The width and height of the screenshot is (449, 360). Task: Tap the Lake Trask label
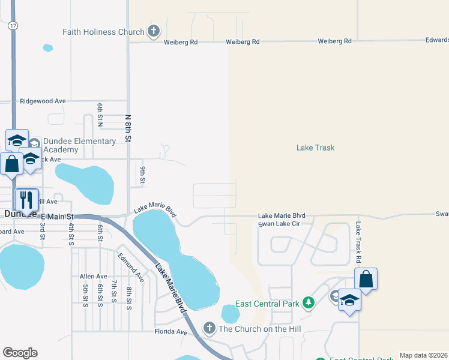(x=315, y=148)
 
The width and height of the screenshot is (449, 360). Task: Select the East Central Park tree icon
(x=308, y=304)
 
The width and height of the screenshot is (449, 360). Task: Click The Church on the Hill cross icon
(x=209, y=328)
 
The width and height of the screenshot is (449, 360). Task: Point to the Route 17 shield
(x=13, y=26)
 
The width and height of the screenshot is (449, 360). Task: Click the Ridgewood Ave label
(x=43, y=101)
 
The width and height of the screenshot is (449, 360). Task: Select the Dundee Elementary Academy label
(x=79, y=145)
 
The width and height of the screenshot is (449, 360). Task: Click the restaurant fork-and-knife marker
(x=26, y=199)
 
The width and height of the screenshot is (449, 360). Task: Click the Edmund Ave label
(x=131, y=268)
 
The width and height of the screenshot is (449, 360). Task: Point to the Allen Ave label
(x=93, y=276)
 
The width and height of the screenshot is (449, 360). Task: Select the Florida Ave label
(x=171, y=332)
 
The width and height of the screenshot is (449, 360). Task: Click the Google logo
(x=20, y=353)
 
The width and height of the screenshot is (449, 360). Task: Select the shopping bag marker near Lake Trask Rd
(x=366, y=280)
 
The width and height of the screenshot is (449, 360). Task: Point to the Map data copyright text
(x=423, y=355)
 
